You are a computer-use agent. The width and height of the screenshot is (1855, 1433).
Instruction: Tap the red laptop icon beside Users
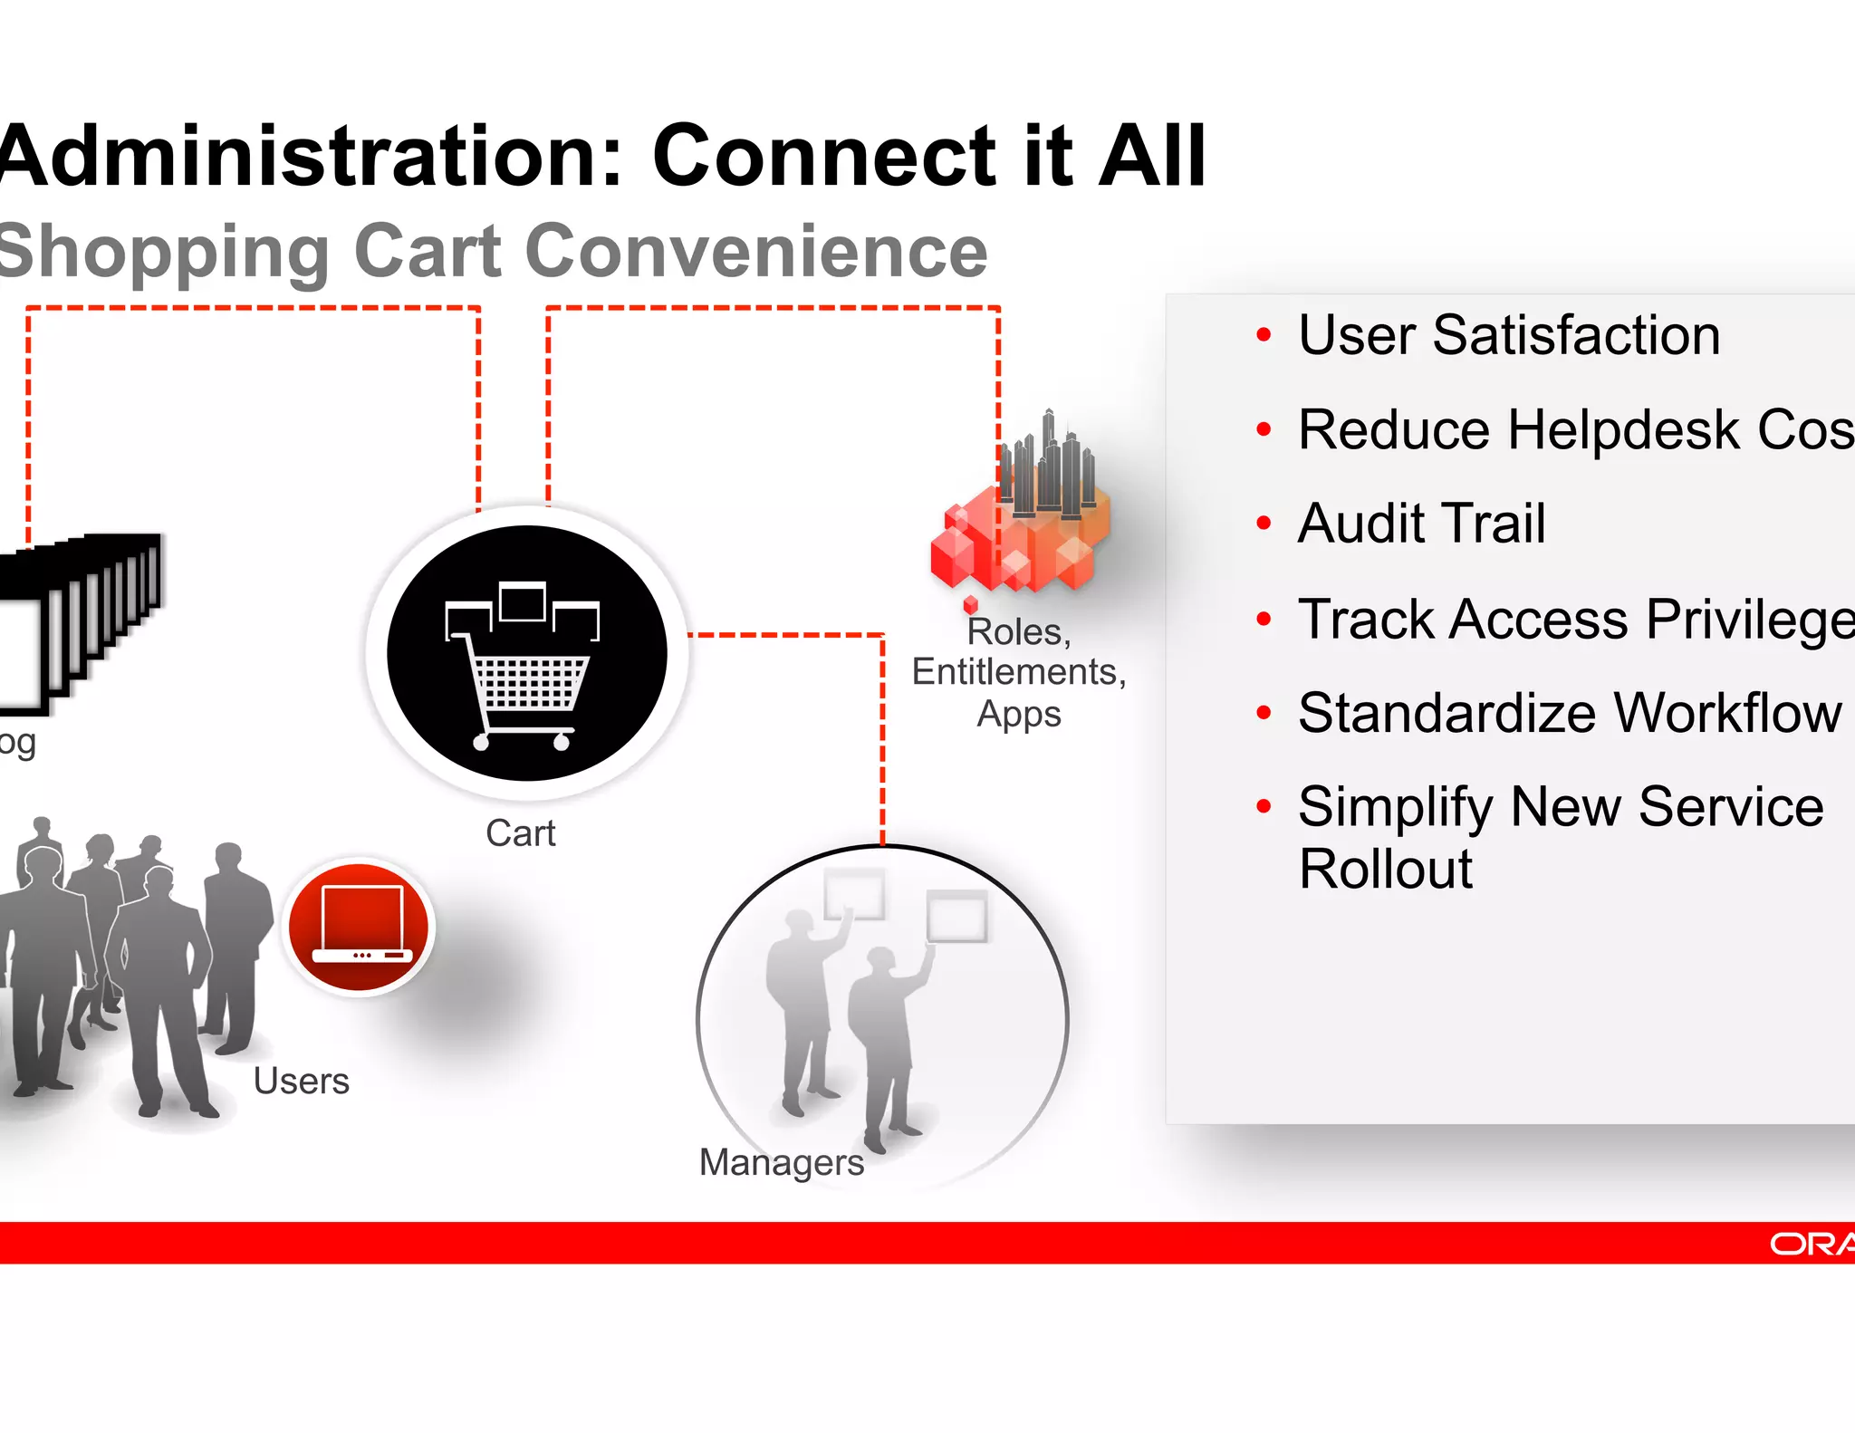pos(360,925)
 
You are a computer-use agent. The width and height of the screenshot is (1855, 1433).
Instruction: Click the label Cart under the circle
pos(520,833)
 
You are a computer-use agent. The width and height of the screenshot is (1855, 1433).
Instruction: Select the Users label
pos(301,1081)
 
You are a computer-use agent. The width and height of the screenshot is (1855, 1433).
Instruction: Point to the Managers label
pos(781,1162)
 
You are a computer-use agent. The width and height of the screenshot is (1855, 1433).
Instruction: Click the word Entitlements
pos(1018,672)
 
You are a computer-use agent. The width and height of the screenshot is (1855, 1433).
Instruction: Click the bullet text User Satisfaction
pos(1508,335)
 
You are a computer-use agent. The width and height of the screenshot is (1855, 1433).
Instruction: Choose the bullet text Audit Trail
pos(1421,524)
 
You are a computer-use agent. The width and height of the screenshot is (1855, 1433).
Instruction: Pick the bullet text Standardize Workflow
pos(1569,713)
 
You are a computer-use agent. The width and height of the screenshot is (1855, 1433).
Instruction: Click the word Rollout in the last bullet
pos(1385,870)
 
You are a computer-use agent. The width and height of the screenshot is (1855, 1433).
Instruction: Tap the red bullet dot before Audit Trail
pos(1264,523)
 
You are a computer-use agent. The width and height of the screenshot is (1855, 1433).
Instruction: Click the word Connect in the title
pos(823,156)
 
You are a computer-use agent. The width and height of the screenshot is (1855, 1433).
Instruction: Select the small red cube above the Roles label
pos(971,603)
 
